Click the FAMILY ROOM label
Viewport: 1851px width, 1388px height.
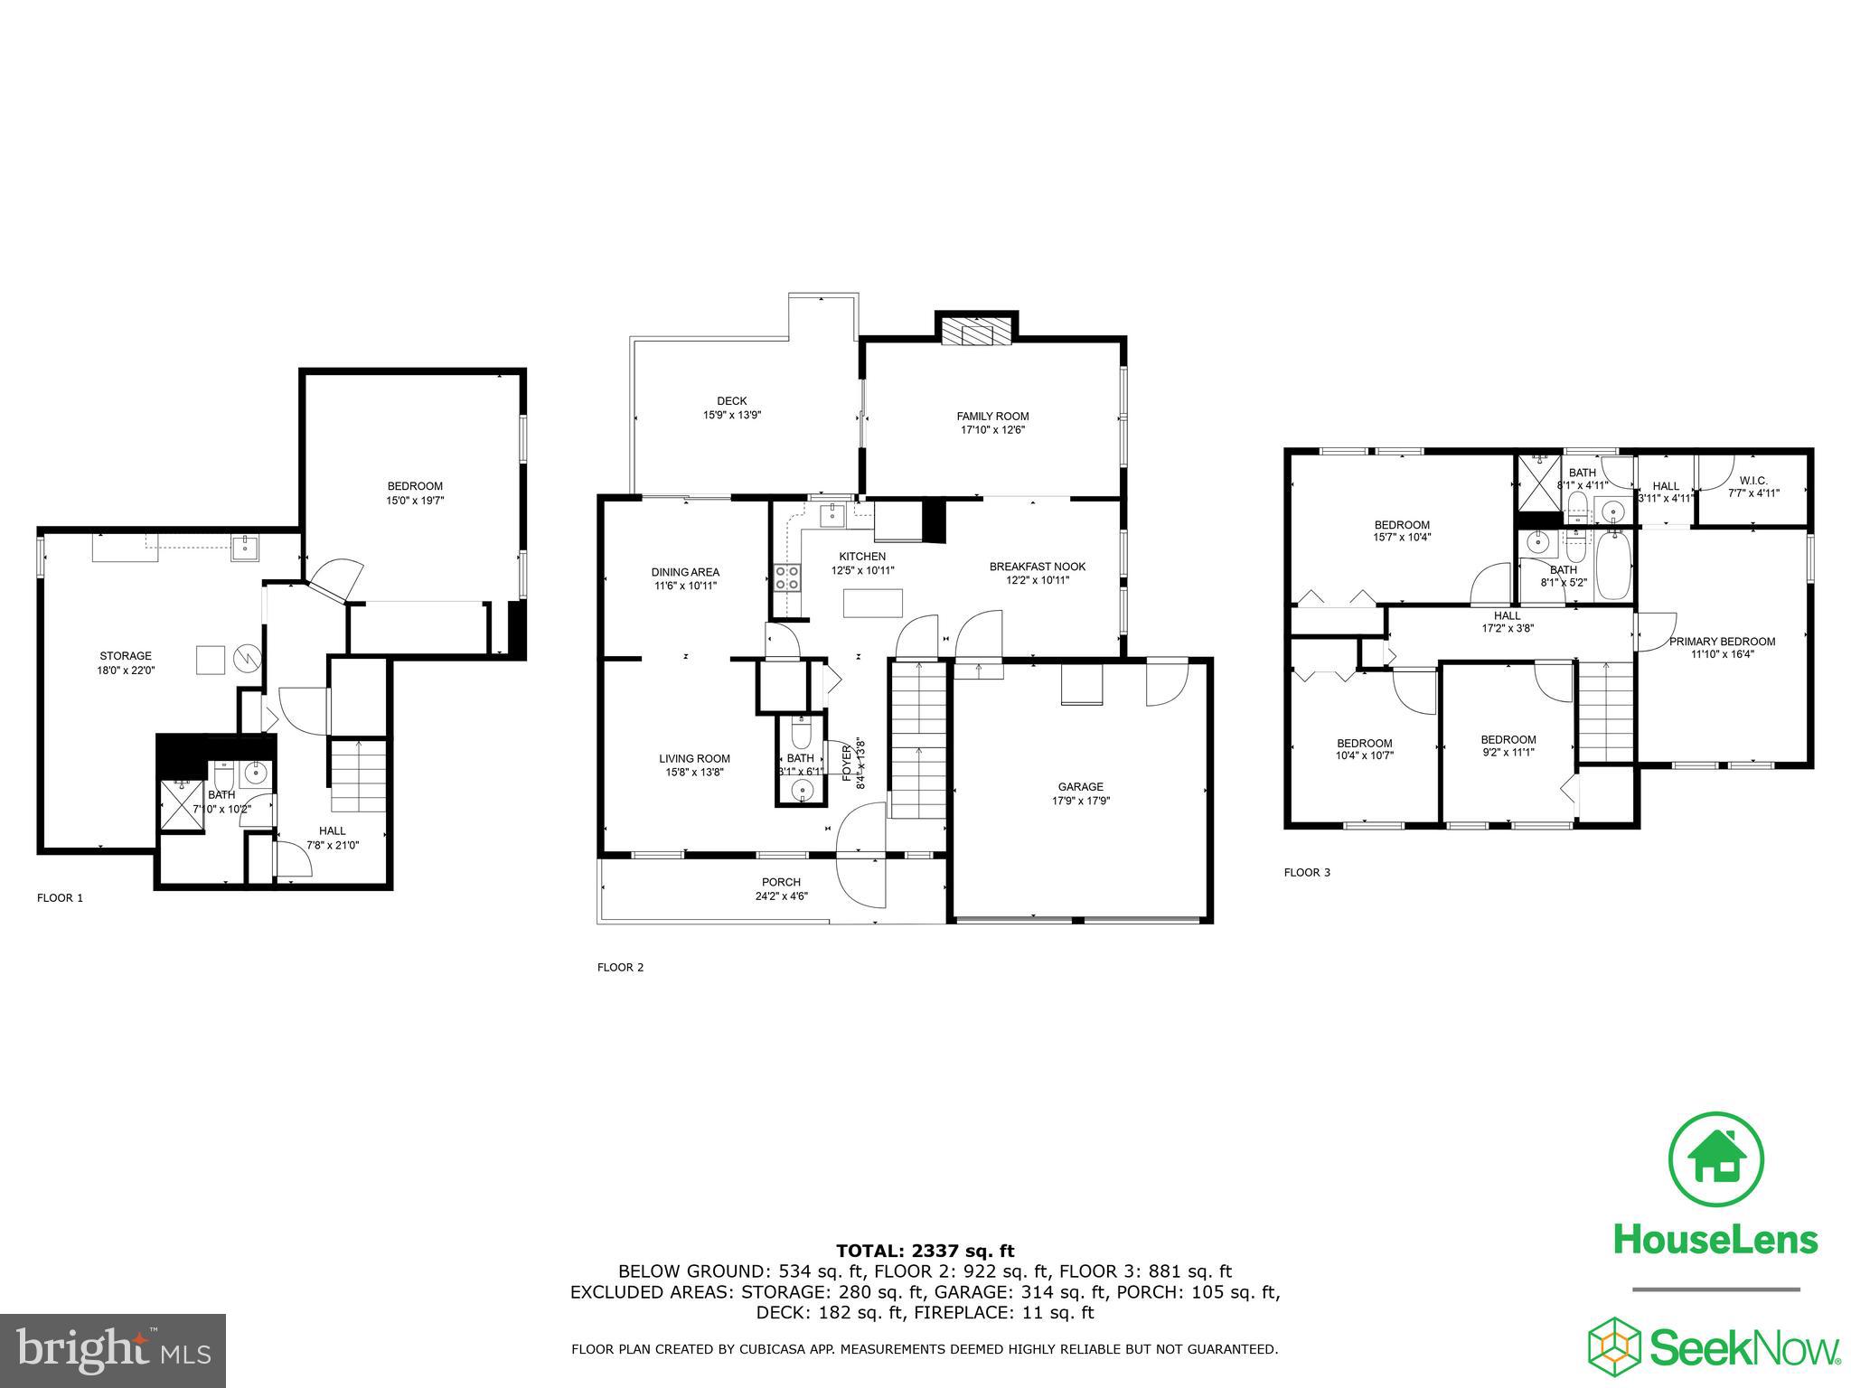992,416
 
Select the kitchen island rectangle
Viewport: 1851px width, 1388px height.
872,603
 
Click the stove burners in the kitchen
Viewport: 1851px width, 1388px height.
786,577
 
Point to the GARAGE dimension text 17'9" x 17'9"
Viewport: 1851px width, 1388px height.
1080,801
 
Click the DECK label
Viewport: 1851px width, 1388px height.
731,401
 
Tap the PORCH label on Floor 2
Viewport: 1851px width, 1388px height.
781,882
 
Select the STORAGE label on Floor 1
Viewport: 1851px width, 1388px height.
126,656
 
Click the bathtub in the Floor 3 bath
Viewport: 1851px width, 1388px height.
1613,567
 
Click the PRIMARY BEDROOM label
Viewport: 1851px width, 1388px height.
1722,642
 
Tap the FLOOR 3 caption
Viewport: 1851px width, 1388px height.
1307,873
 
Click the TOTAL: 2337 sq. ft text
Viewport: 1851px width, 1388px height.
925,1251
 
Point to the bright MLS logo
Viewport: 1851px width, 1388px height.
113,1351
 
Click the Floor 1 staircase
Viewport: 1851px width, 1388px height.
359,774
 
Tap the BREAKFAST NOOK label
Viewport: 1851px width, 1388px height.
1037,567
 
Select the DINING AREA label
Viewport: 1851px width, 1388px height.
685,572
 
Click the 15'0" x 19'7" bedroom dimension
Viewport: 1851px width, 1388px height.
415,500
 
